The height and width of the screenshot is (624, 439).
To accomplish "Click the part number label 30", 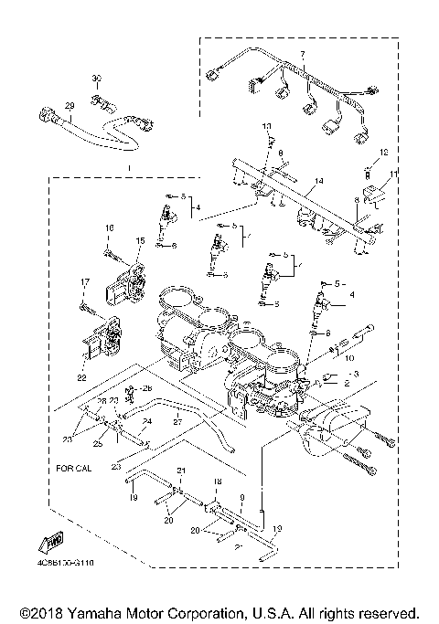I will (97, 79).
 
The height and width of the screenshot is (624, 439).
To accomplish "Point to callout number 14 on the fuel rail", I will (319, 183).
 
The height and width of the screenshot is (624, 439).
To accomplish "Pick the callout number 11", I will (394, 173).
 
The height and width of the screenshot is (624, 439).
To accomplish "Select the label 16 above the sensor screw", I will (108, 227).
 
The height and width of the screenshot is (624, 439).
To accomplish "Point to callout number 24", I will (145, 421).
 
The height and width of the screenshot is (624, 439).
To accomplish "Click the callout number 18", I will (218, 481).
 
